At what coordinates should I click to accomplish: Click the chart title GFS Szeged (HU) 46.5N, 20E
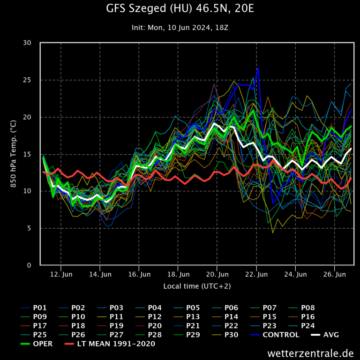[180, 9]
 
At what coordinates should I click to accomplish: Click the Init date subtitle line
[180, 28]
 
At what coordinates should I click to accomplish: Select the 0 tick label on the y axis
[29, 265]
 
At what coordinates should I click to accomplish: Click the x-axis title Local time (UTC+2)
[197, 285]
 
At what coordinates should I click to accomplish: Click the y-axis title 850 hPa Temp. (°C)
[14, 153]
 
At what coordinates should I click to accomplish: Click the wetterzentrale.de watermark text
[310, 353]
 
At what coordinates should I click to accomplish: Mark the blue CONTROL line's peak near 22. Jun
[257, 68]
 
